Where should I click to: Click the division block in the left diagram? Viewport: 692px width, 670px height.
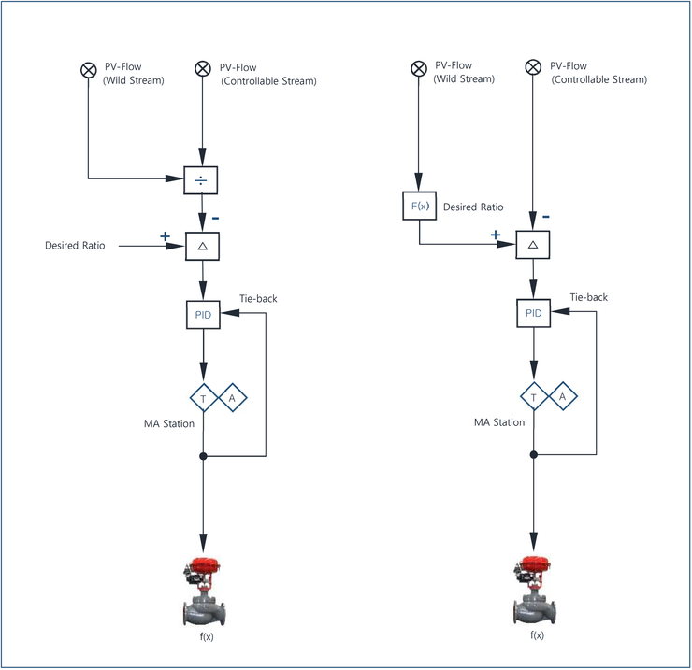pos(201,180)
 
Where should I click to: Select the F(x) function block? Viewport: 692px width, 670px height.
pos(420,206)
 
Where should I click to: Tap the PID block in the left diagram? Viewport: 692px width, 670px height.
pos(204,315)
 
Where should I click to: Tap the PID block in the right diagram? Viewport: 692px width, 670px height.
pos(534,313)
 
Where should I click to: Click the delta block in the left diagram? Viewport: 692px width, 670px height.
pos(203,246)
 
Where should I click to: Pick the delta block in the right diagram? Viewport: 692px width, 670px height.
pos(533,245)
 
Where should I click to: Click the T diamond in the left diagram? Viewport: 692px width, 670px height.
pos(204,398)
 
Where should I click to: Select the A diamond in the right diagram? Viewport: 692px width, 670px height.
pos(563,396)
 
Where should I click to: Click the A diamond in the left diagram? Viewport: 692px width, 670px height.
pos(233,398)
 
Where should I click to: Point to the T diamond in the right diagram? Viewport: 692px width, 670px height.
pos(534,397)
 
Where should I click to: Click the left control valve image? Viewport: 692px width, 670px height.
pos(205,592)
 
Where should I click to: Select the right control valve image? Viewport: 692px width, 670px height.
pos(535,591)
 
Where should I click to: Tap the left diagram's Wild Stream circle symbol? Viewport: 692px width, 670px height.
pos(89,70)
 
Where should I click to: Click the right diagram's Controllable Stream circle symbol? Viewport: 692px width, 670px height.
pos(533,67)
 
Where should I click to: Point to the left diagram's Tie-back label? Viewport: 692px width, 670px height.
pos(258,299)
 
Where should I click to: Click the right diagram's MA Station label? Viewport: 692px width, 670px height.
pos(499,422)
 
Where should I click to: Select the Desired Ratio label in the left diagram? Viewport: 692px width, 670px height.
pos(75,246)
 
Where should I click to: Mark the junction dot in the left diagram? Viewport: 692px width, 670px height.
pos(203,456)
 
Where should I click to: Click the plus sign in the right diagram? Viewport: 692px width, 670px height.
pos(496,235)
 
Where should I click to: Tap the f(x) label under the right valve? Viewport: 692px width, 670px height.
pos(537,635)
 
